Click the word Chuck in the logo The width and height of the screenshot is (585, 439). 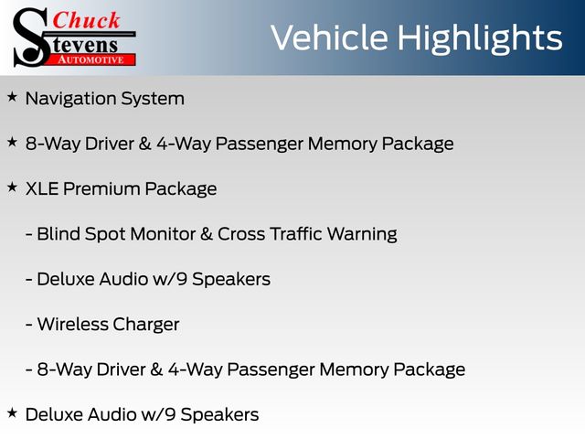pyautogui.click(x=86, y=20)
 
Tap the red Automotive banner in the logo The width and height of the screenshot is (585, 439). pyautogui.click(x=91, y=59)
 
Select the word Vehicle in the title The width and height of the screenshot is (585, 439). pyautogui.click(x=329, y=37)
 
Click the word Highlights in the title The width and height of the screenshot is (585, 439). pyautogui.click(x=479, y=38)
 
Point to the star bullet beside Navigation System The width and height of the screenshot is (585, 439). pyautogui.click(x=12, y=97)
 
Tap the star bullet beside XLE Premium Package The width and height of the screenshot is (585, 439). pyautogui.click(x=12, y=187)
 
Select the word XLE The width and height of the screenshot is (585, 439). pyautogui.click(x=42, y=188)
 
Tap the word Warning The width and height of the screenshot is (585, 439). pyautogui.click(x=362, y=235)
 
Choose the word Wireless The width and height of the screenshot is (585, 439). pyautogui.click(x=72, y=324)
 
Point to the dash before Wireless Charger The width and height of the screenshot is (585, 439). pyautogui.click(x=29, y=325)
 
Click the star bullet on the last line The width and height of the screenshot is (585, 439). pyautogui.click(x=12, y=412)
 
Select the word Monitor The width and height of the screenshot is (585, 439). pyautogui.click(x=163, y=234)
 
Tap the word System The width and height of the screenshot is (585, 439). pyautogui.click(x=153, y=100)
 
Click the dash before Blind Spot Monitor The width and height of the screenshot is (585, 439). pyautogui.click(x=29, y=234)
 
